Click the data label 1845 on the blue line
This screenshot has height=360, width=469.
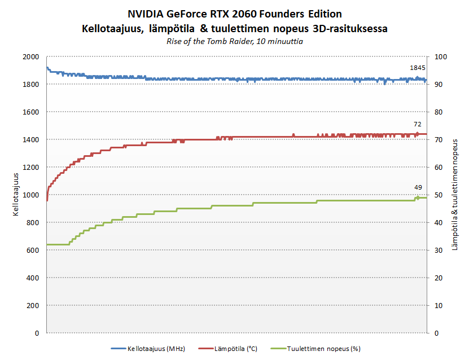point(417,68)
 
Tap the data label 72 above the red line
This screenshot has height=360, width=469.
point(417,124)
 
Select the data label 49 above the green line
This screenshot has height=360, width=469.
point(418,187)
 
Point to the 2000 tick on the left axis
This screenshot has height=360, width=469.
point(31,57)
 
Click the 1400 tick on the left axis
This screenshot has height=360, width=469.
point(31,140)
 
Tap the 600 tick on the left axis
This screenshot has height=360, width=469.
point(33,250)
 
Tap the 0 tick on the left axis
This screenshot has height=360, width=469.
point(37,333)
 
